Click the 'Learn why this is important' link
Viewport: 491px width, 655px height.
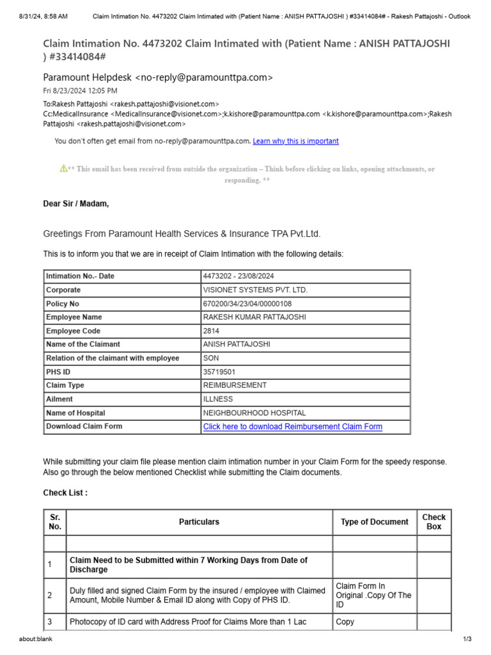click(295, 141)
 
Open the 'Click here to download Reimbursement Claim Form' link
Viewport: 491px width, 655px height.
click(292, 427)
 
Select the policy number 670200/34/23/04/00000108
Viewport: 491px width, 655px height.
click(247, 304)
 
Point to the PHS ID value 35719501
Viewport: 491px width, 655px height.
click(219, 372)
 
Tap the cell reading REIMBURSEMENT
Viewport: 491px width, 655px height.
click(235, 386)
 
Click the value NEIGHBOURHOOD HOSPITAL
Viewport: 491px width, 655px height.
click(254, 413)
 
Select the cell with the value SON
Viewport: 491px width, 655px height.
click(211, 358)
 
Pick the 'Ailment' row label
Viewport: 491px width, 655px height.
click(59, 399)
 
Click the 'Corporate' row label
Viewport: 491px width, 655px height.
click(63, 290)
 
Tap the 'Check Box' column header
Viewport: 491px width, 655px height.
click(433, 522)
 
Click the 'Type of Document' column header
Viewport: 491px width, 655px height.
click(374, 522)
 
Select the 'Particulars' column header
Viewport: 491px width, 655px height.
click(199, 522)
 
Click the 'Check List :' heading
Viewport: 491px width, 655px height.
click(65, 493)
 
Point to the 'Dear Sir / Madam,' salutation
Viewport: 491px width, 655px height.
click(75, 204)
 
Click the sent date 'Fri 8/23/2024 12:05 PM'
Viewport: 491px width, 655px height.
click(80, 91)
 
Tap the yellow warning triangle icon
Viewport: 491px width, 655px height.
click(63, 169)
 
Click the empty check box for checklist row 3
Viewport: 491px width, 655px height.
click(433, 622)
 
